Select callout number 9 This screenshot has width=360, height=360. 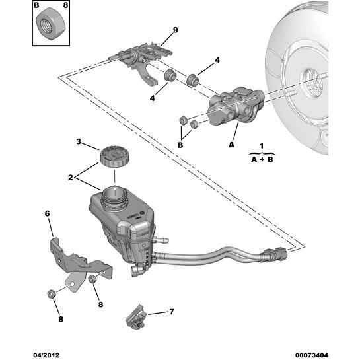(175, 30)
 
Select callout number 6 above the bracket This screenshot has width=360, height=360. (47, 213)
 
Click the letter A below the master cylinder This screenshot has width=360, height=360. (231, 143)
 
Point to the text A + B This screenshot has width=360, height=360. (262, 159)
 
